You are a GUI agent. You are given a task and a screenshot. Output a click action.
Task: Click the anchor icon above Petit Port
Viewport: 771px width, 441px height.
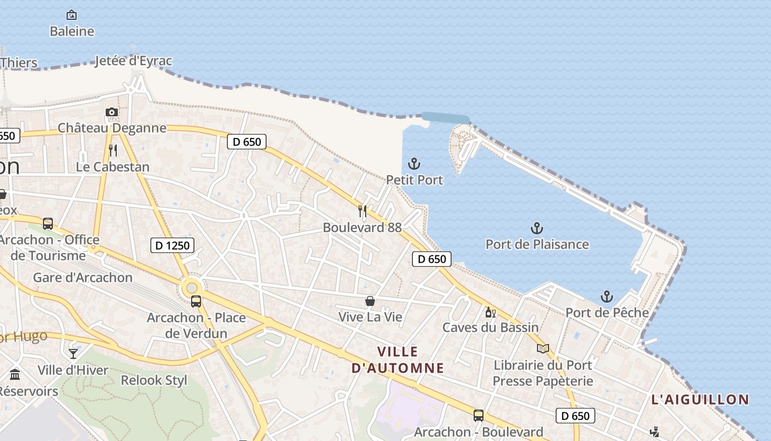414,164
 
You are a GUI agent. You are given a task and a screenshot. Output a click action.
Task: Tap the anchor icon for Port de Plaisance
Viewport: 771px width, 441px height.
537,228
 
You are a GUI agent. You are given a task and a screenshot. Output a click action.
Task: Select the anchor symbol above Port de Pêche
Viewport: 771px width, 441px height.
606,297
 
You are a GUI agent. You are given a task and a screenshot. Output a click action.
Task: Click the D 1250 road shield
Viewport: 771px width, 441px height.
172,245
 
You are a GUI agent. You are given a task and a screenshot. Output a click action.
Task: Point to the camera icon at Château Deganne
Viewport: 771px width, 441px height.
112,112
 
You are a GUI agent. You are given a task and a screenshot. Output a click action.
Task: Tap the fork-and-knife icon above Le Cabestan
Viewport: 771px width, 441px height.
113,150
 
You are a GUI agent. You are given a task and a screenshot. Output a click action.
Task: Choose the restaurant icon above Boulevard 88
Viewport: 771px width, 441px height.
362,211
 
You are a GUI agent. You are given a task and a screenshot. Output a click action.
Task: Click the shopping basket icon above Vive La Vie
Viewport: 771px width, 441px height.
370,301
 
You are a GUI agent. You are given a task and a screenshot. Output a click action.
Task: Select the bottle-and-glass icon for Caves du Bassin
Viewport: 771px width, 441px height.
490,312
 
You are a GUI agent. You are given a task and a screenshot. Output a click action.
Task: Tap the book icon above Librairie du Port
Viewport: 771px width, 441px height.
543,348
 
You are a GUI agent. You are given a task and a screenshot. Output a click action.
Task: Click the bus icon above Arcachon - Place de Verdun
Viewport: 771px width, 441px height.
196,302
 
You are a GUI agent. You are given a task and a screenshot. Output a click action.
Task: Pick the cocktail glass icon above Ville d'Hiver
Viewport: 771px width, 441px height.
73,353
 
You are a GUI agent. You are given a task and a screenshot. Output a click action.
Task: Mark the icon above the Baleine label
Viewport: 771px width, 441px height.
72,15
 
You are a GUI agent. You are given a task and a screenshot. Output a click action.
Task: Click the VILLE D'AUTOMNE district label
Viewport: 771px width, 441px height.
398,359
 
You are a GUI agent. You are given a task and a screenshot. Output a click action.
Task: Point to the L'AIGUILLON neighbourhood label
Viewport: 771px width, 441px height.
700,400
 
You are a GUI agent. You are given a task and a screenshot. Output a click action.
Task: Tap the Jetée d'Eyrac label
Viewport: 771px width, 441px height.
134,61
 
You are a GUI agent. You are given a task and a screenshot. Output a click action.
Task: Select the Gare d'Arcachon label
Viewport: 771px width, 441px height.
83,277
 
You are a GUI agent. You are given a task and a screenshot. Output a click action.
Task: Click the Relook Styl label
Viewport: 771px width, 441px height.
154,380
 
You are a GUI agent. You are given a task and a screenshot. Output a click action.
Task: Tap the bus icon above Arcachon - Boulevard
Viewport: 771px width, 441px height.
479,416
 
